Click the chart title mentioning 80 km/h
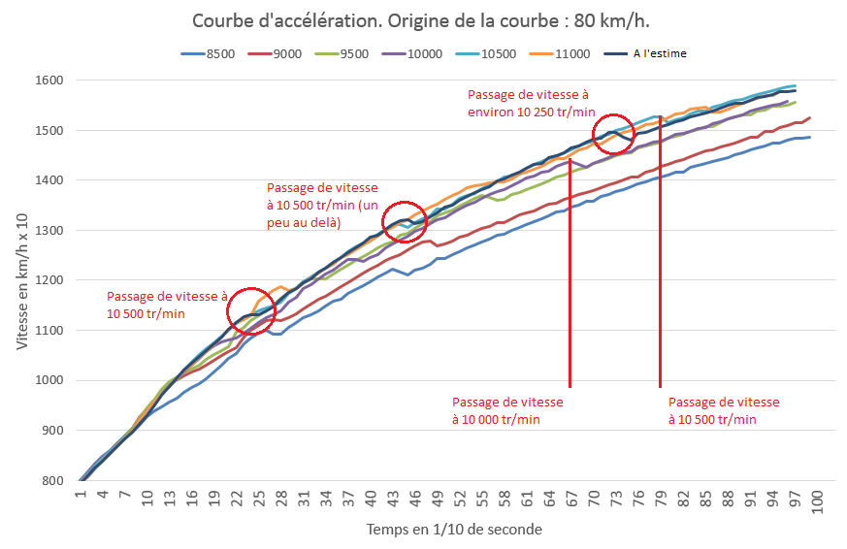point(423,20)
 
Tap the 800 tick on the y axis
point(51,480)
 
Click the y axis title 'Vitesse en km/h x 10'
point(22,280)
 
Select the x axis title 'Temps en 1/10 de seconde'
point(454,530)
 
